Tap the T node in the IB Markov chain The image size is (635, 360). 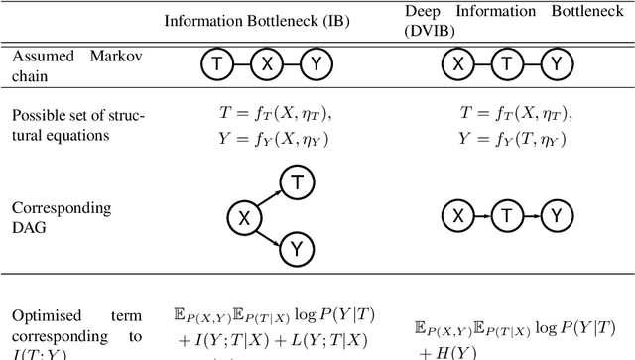216,65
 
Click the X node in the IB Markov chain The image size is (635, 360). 264,65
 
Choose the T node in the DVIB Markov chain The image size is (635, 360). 507,65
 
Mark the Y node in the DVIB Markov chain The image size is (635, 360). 559,65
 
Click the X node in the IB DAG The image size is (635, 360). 244,216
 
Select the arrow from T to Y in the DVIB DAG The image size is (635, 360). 534,216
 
